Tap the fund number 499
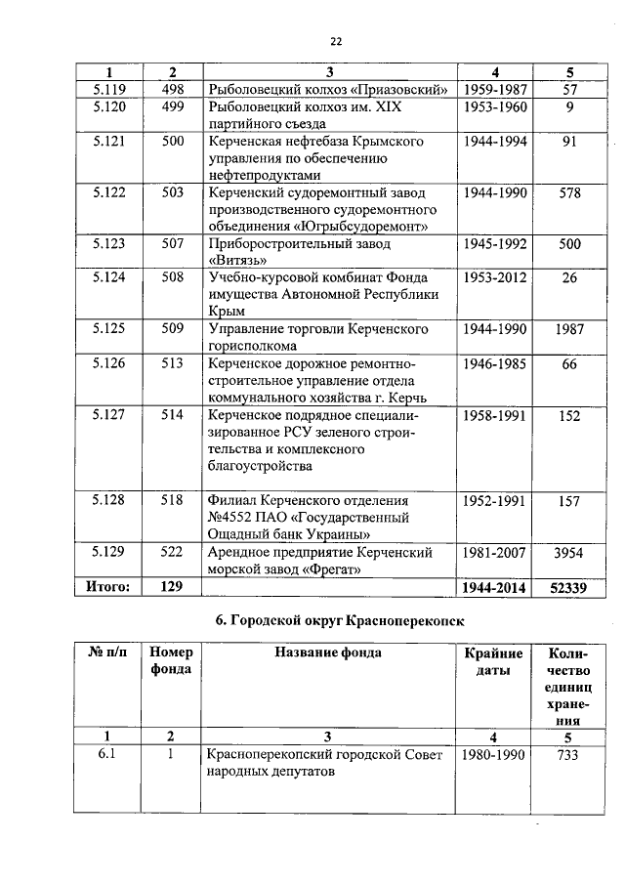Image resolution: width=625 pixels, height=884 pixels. tap(173, 107)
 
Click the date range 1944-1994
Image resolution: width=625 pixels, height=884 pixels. tap(495, 142)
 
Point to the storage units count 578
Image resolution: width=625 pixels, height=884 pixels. tap(568, 193)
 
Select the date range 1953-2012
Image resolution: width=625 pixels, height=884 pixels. tap(495, 277)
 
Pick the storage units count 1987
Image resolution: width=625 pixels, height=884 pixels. tap(568, 329)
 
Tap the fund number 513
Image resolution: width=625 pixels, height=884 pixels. tap(173, 363)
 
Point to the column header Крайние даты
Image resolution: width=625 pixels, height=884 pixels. tap(493, 661)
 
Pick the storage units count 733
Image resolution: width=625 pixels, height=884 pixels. tap(568, 755)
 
